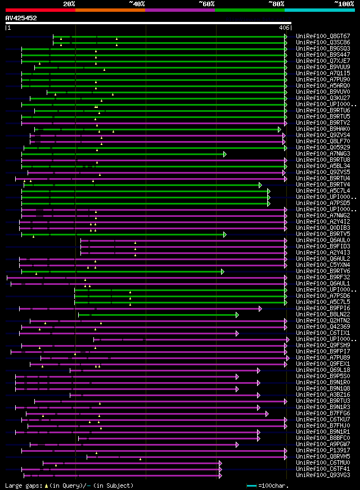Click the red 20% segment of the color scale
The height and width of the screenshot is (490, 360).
click(x=40, y=10)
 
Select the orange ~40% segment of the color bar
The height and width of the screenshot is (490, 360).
click(x=110, y=10)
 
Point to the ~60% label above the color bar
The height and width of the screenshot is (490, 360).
click(x=206, y=4)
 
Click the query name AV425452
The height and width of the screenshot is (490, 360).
click(x=21, y=18)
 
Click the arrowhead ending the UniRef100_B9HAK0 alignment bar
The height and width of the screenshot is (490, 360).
click(x=280, y=129)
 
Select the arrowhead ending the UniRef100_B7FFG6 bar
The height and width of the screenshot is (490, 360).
click(x=267, y=414)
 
